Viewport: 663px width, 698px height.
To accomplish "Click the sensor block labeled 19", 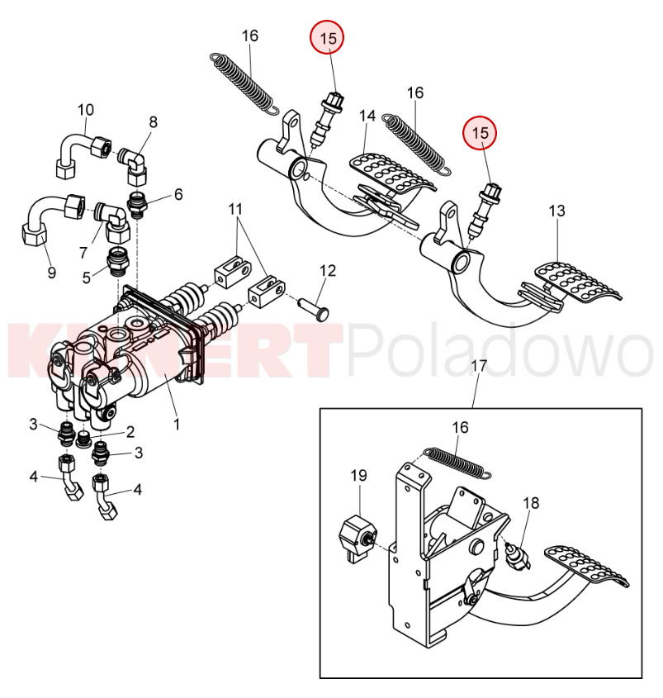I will coord(357,536).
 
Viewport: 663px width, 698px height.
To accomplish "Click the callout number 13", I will coord(557,211).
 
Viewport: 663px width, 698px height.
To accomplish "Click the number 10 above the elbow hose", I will coord(86,109).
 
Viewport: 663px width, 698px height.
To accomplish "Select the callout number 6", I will coord(178,196).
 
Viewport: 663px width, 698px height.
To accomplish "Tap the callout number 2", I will coord(130,431).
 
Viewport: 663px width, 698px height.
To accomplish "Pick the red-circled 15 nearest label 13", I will coord(481,131).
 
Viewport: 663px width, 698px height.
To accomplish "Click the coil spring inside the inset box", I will coord(457,461).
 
